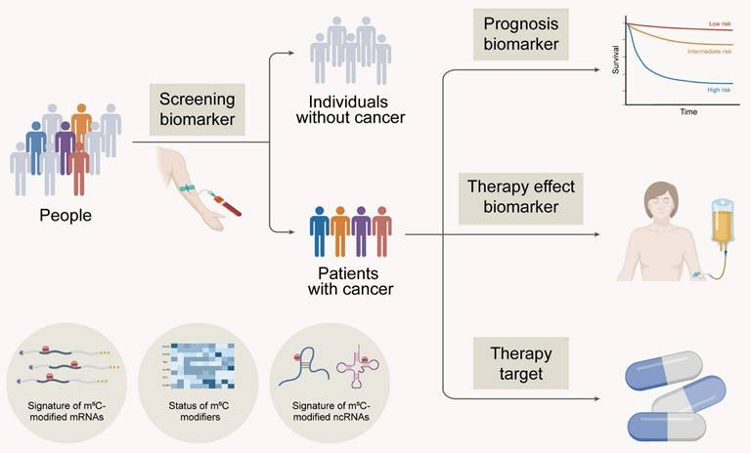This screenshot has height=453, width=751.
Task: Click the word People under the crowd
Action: click(66, 215)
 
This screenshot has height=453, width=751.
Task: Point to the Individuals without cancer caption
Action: click(356, 110)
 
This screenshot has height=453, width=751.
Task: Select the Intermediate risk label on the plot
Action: click(710, 51)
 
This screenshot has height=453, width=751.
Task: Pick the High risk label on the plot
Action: click(719, 89)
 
